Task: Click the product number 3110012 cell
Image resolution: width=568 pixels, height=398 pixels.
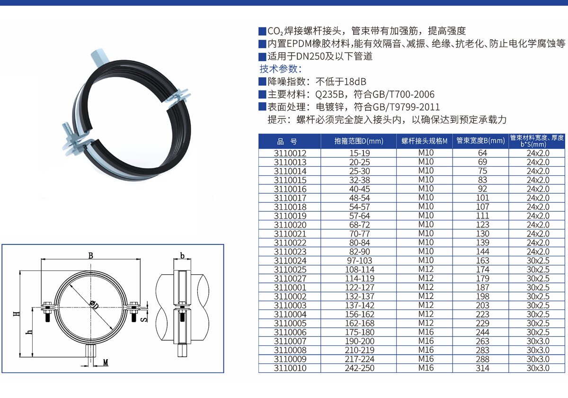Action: click(290, 153)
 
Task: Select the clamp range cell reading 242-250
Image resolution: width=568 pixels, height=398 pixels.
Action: click(359, 368)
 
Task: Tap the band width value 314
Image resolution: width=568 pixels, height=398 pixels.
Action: click(482, 368)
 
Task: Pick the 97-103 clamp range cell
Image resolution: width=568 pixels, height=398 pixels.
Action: click(359, 261)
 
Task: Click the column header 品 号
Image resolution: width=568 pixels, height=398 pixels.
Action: click(287, 141)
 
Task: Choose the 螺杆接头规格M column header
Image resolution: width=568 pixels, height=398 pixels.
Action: click(425, 141)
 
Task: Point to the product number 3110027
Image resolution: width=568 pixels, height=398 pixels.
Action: click(290, 279)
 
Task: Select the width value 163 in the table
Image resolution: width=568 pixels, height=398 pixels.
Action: click(482, 261)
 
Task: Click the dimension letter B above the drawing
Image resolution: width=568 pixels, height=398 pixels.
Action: click(90, 255)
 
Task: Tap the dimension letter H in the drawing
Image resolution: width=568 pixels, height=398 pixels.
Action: click(17, 314)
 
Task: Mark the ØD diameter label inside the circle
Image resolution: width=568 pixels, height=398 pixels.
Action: click(94, 305)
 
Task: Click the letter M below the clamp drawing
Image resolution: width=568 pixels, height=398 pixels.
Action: click(106, 362)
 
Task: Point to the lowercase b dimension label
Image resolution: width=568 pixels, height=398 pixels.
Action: click(182, 255)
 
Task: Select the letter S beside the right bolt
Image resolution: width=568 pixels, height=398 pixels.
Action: click(144, 319)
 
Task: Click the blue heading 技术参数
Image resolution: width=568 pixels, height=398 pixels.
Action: click(278, 69)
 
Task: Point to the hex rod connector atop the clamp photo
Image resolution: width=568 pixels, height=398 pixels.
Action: click(100, 58)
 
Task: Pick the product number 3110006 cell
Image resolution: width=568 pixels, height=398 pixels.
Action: click(290, 332)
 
